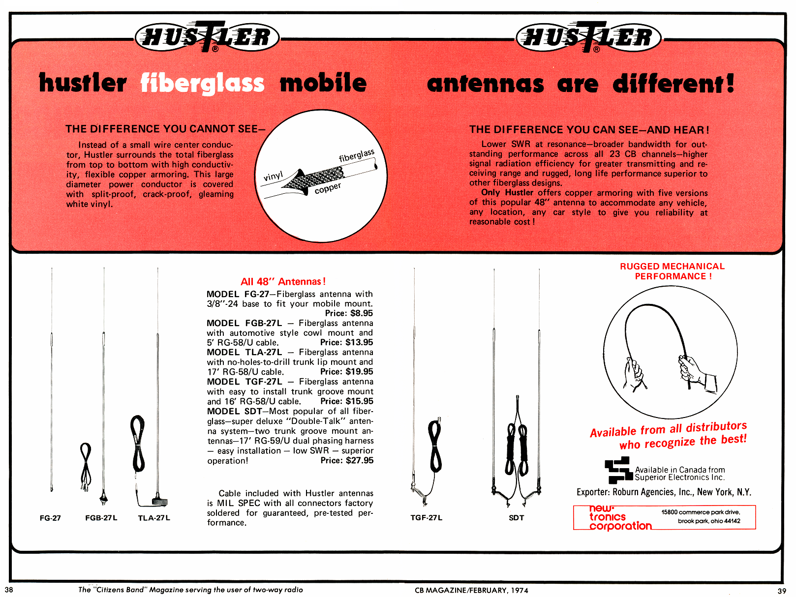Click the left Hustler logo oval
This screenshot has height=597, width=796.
[x=207, y=37]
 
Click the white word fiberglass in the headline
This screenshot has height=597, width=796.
[x=202, y=83]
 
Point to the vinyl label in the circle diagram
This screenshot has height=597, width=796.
[x=273, y=176]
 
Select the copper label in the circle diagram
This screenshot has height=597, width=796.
[x=328, y=188]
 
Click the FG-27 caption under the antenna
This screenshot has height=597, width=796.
[x=50, y=518]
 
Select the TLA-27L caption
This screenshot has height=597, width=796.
[x=154, y=518]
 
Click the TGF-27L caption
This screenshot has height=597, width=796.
[x=427, y=518]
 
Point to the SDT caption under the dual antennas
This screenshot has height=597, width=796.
[x=516, y=518]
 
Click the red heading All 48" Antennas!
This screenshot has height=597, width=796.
[x=283, y=282]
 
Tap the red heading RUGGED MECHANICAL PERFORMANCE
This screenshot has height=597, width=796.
[x=672, y=271]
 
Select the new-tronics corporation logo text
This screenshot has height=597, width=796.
[x=619, y=517]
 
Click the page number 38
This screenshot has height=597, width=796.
[x=9, y=590]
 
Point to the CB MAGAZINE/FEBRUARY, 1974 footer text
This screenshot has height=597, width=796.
[x=471, y=590]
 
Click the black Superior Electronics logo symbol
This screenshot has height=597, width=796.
[x=618, y=470]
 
